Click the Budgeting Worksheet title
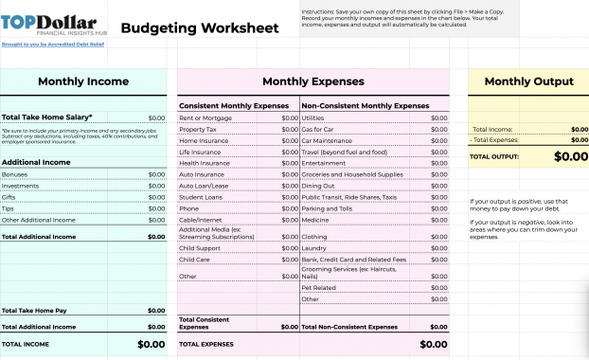click(200, 28)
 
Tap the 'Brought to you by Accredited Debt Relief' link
click(52, 44)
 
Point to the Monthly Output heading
click(528, 82)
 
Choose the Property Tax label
click(198, 129)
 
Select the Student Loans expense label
click(200, 197)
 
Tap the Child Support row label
click(199, 248)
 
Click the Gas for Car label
click(318, 129)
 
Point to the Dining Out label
click(318, 186)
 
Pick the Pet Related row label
click(319, 287)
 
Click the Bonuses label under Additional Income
click(15, 174)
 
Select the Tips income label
click(9, 208)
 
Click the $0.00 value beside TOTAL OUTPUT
click(570, 156)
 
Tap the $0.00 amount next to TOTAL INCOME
click(151, 344)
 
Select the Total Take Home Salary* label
click(46, 117)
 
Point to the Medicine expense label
click(315, 220)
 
